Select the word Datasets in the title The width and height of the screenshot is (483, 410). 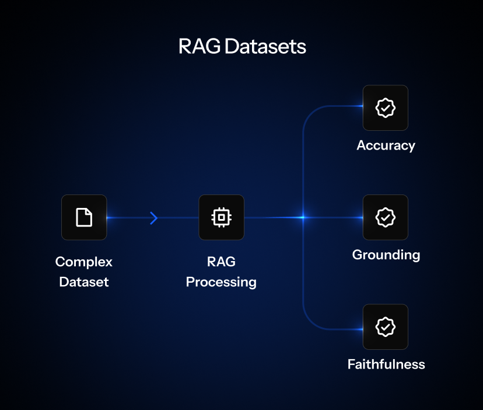(x=265, y=47)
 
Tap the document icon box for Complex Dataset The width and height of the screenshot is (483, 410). (x=84, y=217)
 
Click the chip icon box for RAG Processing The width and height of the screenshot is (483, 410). (x=221, y=217)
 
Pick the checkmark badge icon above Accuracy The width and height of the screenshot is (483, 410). (x=385, y=108)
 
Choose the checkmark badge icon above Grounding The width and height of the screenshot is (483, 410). (x=385, y=217)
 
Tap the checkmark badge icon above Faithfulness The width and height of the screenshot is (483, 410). (x=385, y=327)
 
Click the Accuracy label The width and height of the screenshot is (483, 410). (x=386, y=145)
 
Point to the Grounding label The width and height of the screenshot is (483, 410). (x=386, y=255)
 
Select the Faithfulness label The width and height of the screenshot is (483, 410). (x=386, y=364)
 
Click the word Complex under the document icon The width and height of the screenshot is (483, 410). (x=84, y=262)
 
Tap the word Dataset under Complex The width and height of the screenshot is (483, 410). (x=84, y=282)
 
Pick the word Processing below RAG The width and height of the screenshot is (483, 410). (x=221, y=282)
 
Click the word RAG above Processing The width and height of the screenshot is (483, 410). (x=221, y=262)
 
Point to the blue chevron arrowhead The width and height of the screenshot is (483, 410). (x=154, y=218)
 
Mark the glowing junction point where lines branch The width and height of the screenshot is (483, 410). (x=303, y=217)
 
